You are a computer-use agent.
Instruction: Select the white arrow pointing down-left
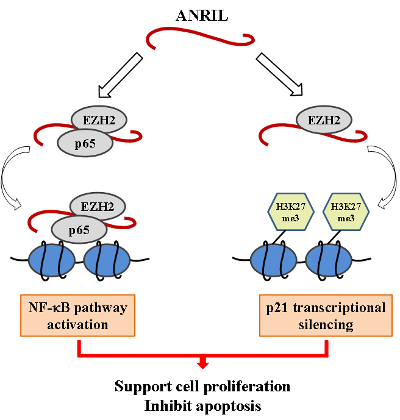120,76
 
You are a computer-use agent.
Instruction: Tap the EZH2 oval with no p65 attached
324,120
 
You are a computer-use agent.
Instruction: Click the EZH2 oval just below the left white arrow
99,120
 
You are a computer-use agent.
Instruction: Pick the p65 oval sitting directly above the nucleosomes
79,230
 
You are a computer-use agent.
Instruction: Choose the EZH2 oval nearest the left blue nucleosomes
98,207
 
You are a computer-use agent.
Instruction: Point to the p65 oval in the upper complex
85,143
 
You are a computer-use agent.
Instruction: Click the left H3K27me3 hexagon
291,212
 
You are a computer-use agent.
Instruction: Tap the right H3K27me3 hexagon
345,212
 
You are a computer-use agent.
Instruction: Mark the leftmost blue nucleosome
52,260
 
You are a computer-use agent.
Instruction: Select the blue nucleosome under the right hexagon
328,260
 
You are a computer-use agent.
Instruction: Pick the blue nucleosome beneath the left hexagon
274,260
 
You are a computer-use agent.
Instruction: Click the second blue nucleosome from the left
107,260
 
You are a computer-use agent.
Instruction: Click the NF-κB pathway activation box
78,315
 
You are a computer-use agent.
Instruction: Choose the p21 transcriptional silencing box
326,315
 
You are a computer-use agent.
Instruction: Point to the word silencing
326,324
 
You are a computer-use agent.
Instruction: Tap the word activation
78,324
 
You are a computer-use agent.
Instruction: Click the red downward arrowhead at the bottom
202,365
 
